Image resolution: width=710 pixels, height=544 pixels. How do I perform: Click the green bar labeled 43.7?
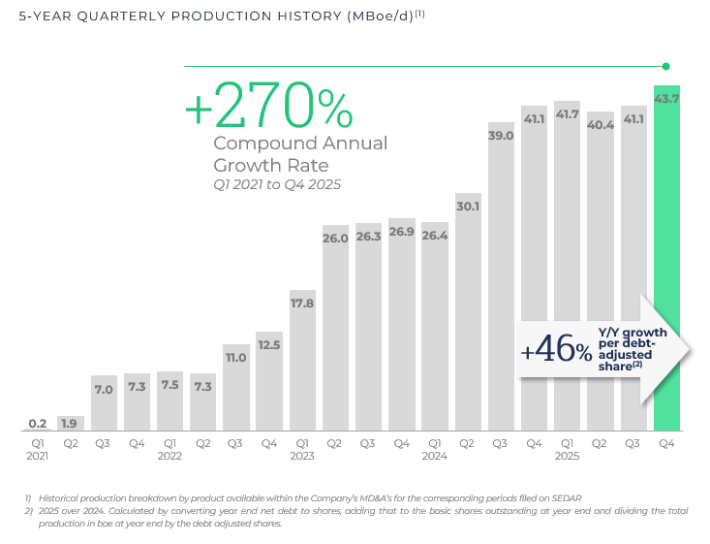pos(666,262)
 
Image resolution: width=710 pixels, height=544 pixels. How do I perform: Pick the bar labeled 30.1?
pos(468,310)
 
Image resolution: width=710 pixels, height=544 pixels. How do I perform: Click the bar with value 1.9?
pos(71,424)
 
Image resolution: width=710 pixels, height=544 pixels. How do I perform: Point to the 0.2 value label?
pos(38,423)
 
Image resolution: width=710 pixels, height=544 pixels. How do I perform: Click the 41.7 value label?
pos(567,114)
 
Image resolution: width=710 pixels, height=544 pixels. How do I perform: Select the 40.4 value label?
pos(601,124)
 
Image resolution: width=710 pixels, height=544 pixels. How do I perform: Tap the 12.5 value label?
pos(269,345)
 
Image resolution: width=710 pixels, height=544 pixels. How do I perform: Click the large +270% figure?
pos(268,106)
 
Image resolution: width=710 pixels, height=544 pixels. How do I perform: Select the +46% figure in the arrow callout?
pos(556,351)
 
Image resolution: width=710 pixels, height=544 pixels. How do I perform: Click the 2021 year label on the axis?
pos(38,456)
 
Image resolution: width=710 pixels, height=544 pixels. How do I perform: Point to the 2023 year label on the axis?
pos(302,456)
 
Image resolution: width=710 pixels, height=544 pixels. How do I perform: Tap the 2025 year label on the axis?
pos(567,456)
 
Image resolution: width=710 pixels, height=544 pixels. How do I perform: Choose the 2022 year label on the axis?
pos(170,456)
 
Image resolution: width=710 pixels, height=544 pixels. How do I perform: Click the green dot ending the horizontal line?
pos(666,66)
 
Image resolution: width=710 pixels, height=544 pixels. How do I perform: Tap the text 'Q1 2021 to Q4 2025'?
pos(277,184)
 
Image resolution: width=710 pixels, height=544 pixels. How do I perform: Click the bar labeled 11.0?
pos(236,388)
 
